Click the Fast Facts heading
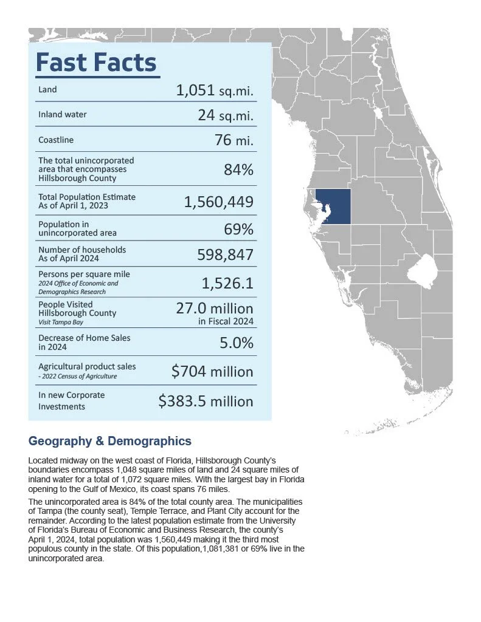[96, 63]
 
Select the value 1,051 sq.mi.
[215, 91]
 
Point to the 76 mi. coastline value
[234, 140]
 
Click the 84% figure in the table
[238, 170]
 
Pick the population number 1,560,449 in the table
[218, 202]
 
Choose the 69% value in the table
[238, 229]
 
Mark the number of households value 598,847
[224, 255]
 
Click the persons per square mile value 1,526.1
[227, 283]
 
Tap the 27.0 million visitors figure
[214, 308]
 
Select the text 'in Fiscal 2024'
[226, 321]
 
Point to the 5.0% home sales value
[237, 343]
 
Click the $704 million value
[212, 371]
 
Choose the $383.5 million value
[206, 401]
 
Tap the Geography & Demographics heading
[110, 442]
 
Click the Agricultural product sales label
[87, 367]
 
